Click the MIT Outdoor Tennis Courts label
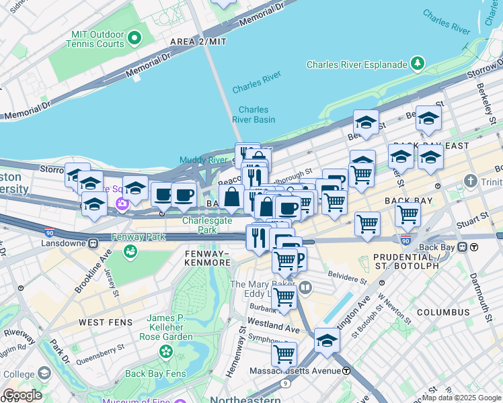click(95, 39)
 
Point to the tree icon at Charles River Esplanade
click(418, 64)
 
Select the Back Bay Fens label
click(154, 373)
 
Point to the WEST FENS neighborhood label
click(102, 322)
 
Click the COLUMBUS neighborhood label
click(442, 312)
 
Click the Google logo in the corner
click(22, 395)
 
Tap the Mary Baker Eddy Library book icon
click(305, 288)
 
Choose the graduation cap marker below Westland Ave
click(327, 340)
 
